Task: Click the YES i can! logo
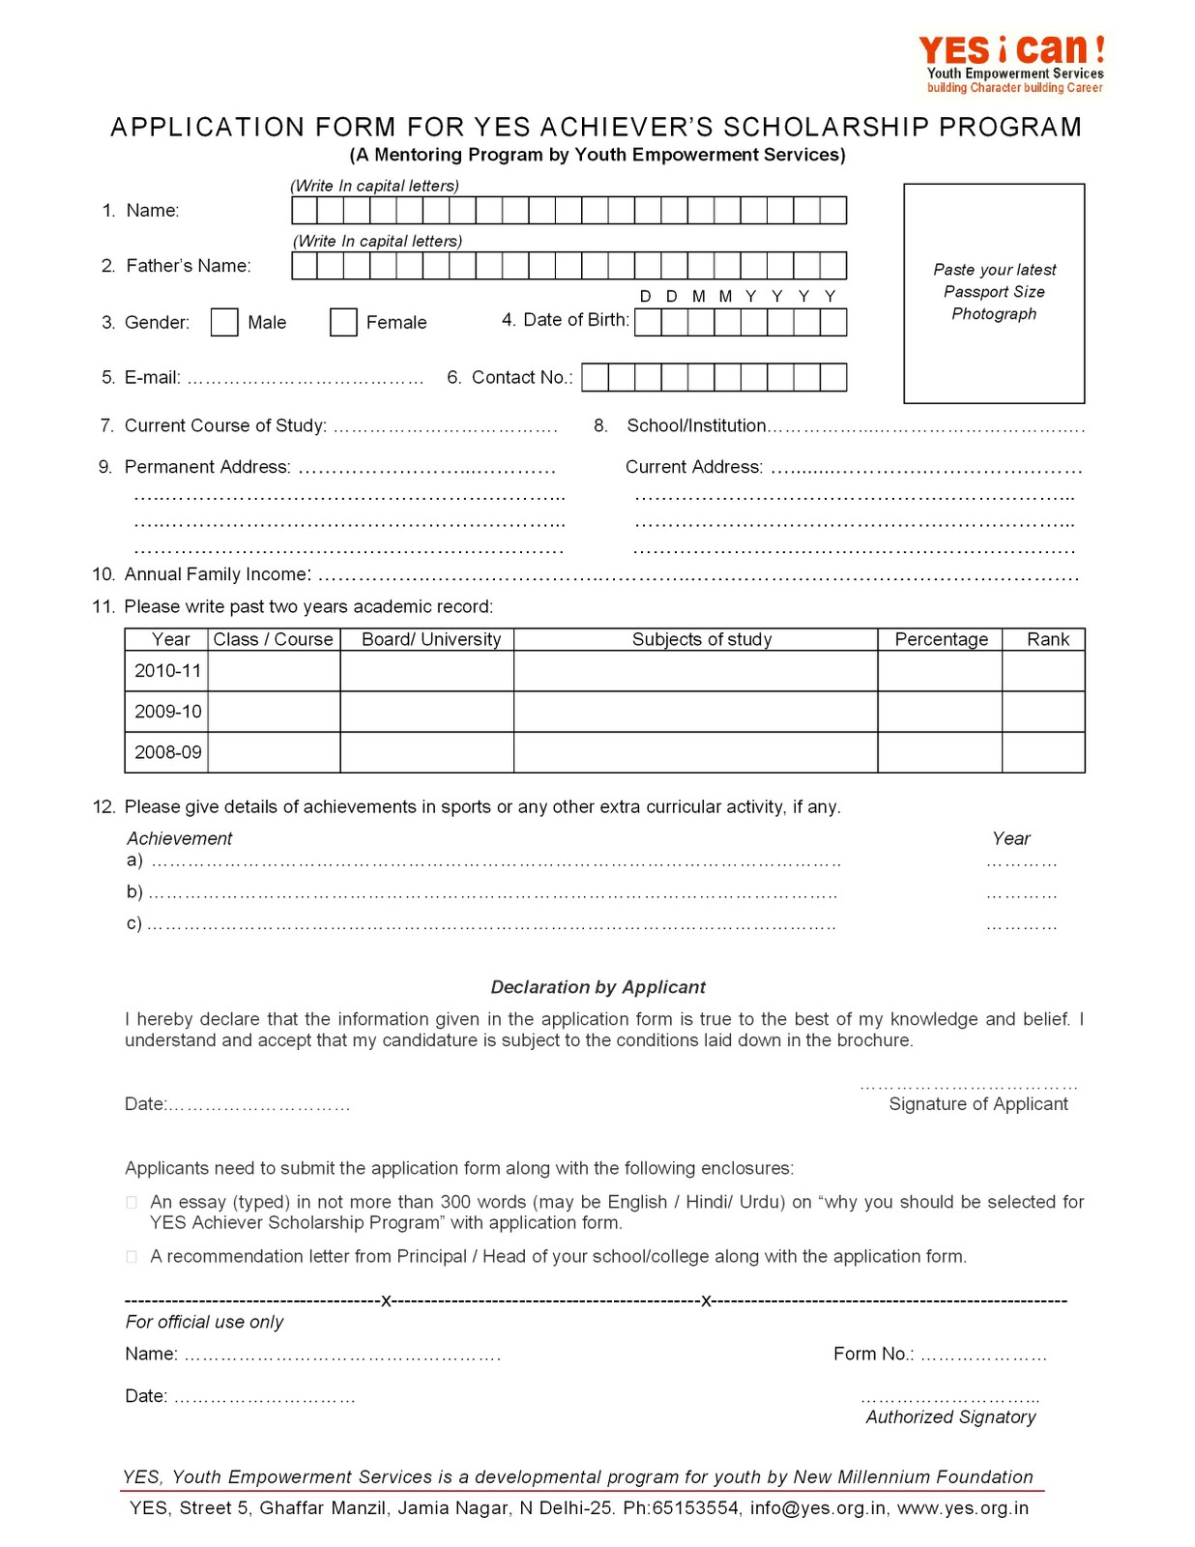(1012, 63)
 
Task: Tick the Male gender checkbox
(224, 322)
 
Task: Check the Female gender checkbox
(343, 322)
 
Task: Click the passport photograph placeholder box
(994, 293)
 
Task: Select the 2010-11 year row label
(167, 671)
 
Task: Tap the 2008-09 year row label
(167, 752)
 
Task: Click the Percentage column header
(941, 639)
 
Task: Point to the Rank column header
(1047, 639)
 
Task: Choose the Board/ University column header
(431, 639)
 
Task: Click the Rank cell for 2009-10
(1043, 712)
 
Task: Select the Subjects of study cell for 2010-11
(695, 671)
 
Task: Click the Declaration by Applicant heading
(597, 987)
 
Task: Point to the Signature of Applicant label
(977, 1104)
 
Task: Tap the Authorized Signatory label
(950, 1417)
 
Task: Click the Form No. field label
(873, 1355)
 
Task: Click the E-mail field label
(153, 378)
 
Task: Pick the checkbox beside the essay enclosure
(131, 1203)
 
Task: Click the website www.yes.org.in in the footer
(963, 1508)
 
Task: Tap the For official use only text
(204, 1322)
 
